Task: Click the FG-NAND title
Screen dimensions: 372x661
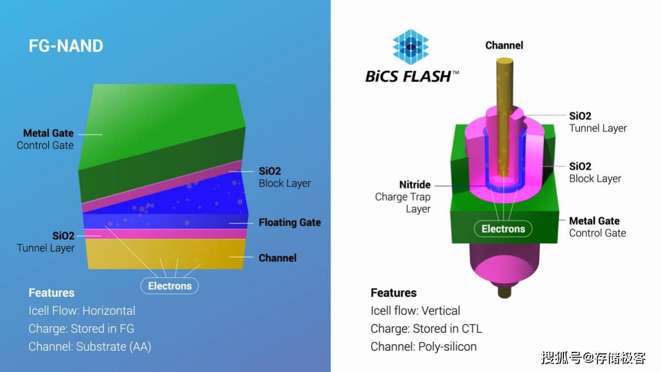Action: (x=66, y=46)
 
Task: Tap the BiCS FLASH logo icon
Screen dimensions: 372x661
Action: (x=411, y=47)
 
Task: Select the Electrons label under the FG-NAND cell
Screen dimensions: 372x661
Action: (x=169, y=286)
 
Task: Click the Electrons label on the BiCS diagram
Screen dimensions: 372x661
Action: (x=503, y=229)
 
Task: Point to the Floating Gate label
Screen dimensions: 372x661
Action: (x=290, y=223)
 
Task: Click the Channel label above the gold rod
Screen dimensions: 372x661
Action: (x=504, y=45)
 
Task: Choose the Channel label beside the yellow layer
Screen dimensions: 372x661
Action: (x=277, y=258)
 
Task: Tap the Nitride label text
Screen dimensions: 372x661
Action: (x=415, y=184)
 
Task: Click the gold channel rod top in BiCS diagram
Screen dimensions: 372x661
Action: (x=504, y=63)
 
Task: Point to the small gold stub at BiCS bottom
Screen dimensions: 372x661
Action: (x=504, y=292)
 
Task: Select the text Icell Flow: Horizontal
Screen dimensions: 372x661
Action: (x=82, y=311)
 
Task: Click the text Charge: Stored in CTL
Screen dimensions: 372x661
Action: (x=426, y=329)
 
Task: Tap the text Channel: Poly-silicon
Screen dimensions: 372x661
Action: (x=423, y=347)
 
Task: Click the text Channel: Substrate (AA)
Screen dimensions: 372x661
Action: (x=90, y=347)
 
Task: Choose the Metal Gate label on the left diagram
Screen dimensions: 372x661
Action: (x=48, y=133)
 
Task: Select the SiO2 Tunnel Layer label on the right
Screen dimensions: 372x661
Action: (x=597, y=122)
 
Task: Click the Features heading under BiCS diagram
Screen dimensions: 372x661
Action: (x=394, y=293)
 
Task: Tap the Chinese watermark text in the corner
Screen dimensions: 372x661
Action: (x=593, y=357)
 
